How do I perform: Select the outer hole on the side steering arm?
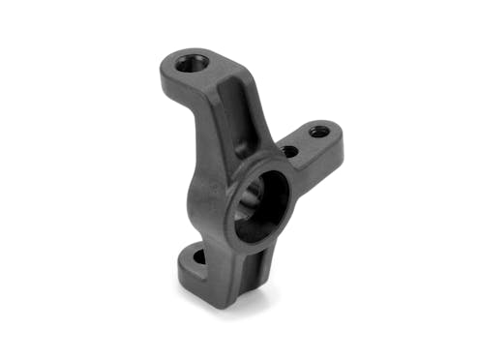[x=318, y=132]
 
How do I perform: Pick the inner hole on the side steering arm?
[x=290, y=151]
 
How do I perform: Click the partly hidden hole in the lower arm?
[x=197, y=258]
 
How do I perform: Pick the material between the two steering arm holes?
[x=305, y=141]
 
